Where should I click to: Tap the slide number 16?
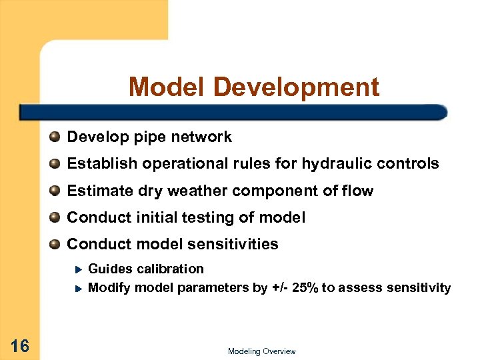[x=20, y=345]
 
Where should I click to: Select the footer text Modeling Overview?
[x=261, y=351]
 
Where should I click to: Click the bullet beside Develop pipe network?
[x=55, y=137]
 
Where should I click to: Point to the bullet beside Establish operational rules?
[x=55, y=164]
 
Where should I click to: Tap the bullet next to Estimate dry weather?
[x=55, y=191]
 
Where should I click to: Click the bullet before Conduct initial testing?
[x=55, y=218]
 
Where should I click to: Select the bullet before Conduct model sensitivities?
[x=55, y=245]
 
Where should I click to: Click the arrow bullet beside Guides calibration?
[x=78, y=269]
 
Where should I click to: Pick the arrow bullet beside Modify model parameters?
[x=78, y=289]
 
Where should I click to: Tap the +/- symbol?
[x=280, y=288]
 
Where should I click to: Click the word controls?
[x=413, y=164]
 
